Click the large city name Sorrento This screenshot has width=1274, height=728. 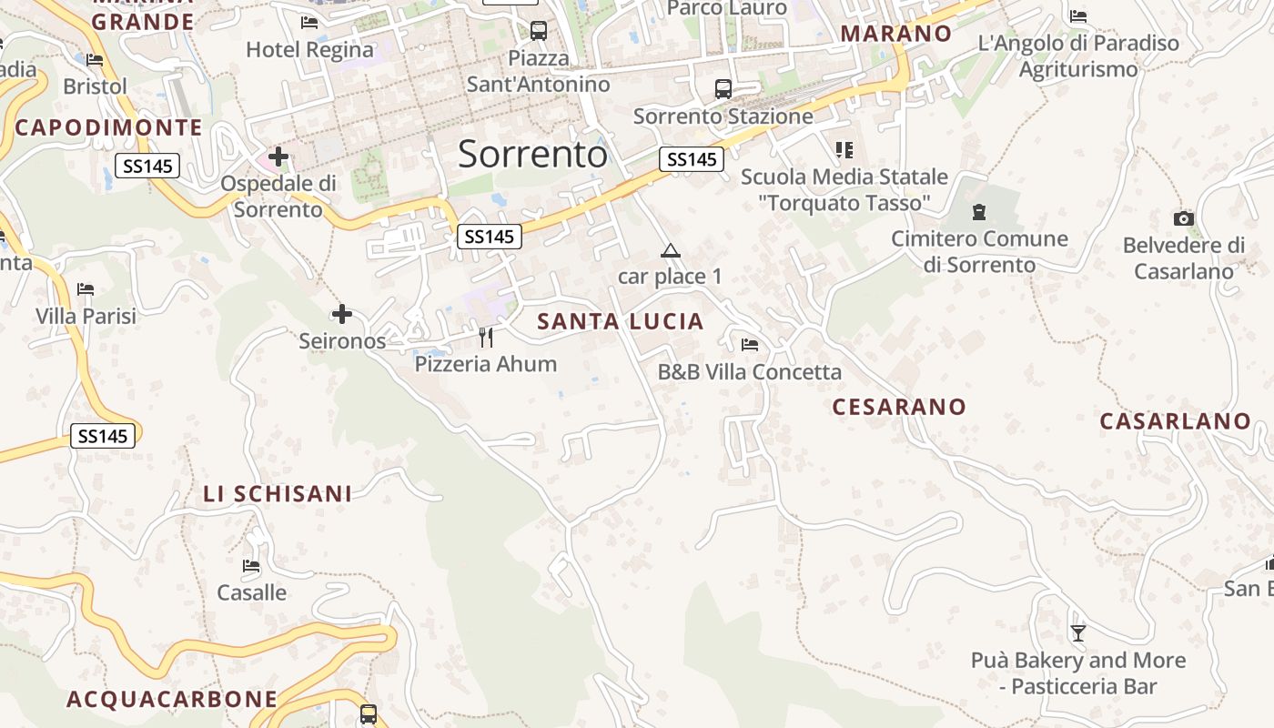pos(532,155)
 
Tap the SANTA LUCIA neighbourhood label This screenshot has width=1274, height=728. pos(621,321)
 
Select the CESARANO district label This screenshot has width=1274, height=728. pos(899,407)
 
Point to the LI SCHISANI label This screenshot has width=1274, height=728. pos(278,494)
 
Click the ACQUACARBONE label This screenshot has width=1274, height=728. pos(172,699)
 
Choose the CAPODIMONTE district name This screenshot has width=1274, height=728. pos(108,127)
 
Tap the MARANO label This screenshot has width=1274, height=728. pos(896,34)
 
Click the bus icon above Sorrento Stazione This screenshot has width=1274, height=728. pos(723,89)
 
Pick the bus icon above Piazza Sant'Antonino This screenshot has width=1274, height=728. pos(539,31)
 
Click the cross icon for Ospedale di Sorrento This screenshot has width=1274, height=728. pos(278,157)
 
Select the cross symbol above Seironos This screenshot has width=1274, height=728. pos(342,315)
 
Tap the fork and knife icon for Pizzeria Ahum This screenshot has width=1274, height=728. pos(486,338)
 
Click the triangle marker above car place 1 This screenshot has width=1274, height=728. pos(671,251)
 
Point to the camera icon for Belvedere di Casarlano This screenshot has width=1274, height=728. pos(1183,218)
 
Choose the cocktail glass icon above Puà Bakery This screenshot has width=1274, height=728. pos(1078,632)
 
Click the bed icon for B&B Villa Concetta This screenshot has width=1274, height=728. pos(750,345)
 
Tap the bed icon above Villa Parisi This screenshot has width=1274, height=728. pos(86,289)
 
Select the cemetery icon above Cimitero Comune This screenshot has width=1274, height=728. pos(979,212)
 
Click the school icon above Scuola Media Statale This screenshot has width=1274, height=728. pos(844,149)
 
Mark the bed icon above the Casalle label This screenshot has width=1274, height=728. pos(251,566)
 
